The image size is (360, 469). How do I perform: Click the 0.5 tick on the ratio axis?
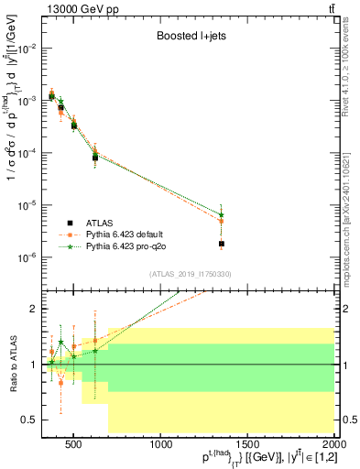point(27,420)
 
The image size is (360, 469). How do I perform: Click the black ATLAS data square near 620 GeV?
point(95,158)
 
